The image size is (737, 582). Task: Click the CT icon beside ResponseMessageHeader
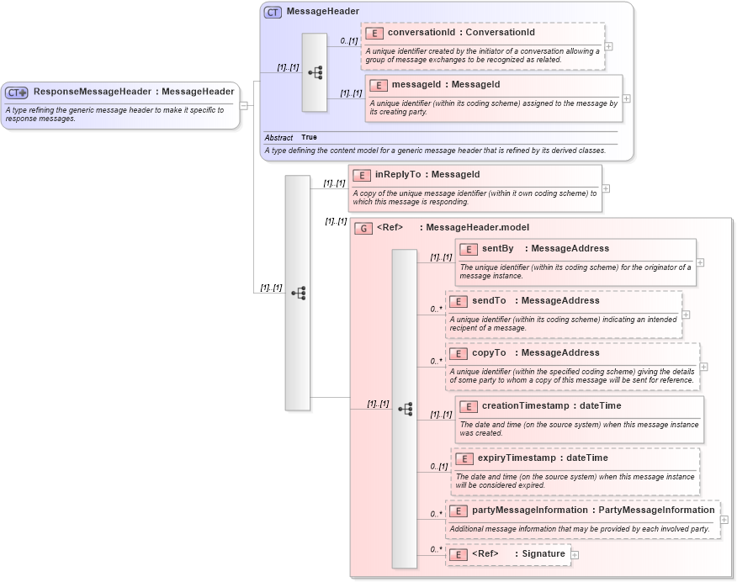(x=18, y=92)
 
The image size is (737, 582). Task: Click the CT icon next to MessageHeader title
(x=273, y=12)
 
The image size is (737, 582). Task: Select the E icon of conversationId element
(x=374, y=33)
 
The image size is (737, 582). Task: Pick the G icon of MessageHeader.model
(x=363, y=227)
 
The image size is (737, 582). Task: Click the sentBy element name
(x=497, y=248)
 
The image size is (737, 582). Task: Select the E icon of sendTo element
(x=459, y=301)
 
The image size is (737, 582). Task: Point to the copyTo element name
(x=488, y=352)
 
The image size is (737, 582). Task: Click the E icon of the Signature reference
(x=459, y=554)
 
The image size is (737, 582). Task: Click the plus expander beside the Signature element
(x=575, y=554)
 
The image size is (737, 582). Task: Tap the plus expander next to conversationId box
(x=608, y=46)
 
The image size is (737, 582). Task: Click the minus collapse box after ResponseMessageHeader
(x=243, y=105)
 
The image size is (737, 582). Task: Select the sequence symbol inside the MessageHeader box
(x=315, y=72)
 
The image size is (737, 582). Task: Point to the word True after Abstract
(x=309, y=137)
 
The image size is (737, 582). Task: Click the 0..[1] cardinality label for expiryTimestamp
(x=438, y=466)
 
